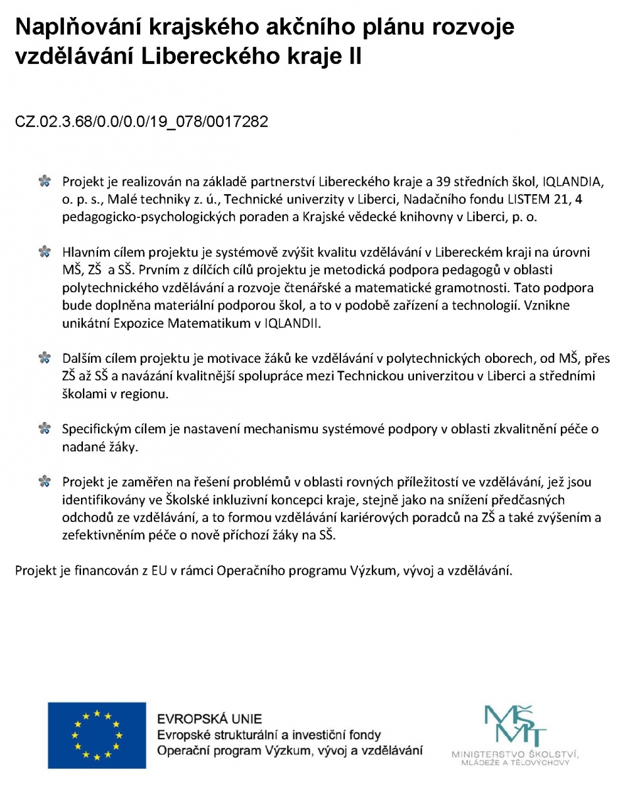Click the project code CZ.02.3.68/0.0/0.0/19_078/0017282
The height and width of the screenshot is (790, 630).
142,122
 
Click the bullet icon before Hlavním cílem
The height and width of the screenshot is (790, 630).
45,251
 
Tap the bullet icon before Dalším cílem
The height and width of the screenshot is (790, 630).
45,358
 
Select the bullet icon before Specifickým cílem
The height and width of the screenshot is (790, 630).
45,429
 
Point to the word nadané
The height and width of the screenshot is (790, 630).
81,448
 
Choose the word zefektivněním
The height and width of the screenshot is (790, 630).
104,536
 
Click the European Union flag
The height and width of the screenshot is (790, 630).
97,735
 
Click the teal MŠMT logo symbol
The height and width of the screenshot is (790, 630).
515,725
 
